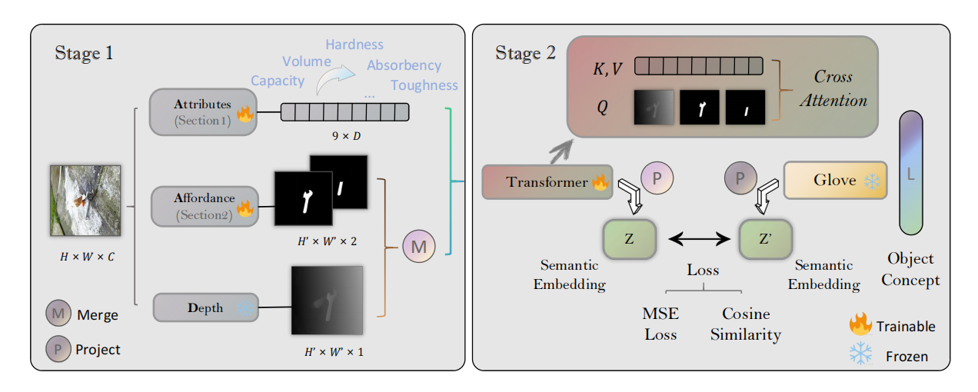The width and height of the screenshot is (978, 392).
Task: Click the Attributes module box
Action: click(203, 112)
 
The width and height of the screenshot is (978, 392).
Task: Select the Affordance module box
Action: click(203, 206)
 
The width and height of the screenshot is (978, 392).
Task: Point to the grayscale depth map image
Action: click(327, 300)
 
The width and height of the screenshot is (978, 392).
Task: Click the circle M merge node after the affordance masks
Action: click(419, 246)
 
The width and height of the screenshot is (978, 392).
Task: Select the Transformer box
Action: click(547, 181)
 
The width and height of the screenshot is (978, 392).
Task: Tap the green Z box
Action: click(630, 238)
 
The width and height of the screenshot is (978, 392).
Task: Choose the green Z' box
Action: click(763, 238)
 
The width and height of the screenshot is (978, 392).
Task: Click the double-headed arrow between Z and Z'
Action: click(698, 240)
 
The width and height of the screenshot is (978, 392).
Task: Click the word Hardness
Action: click(354, 45)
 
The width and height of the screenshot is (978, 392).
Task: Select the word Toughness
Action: click(424, 85)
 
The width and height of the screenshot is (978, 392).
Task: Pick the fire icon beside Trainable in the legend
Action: click(860, 325)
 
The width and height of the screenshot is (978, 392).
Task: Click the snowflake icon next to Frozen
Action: click(860, 354)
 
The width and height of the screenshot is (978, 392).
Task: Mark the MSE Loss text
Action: click(659, 324)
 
